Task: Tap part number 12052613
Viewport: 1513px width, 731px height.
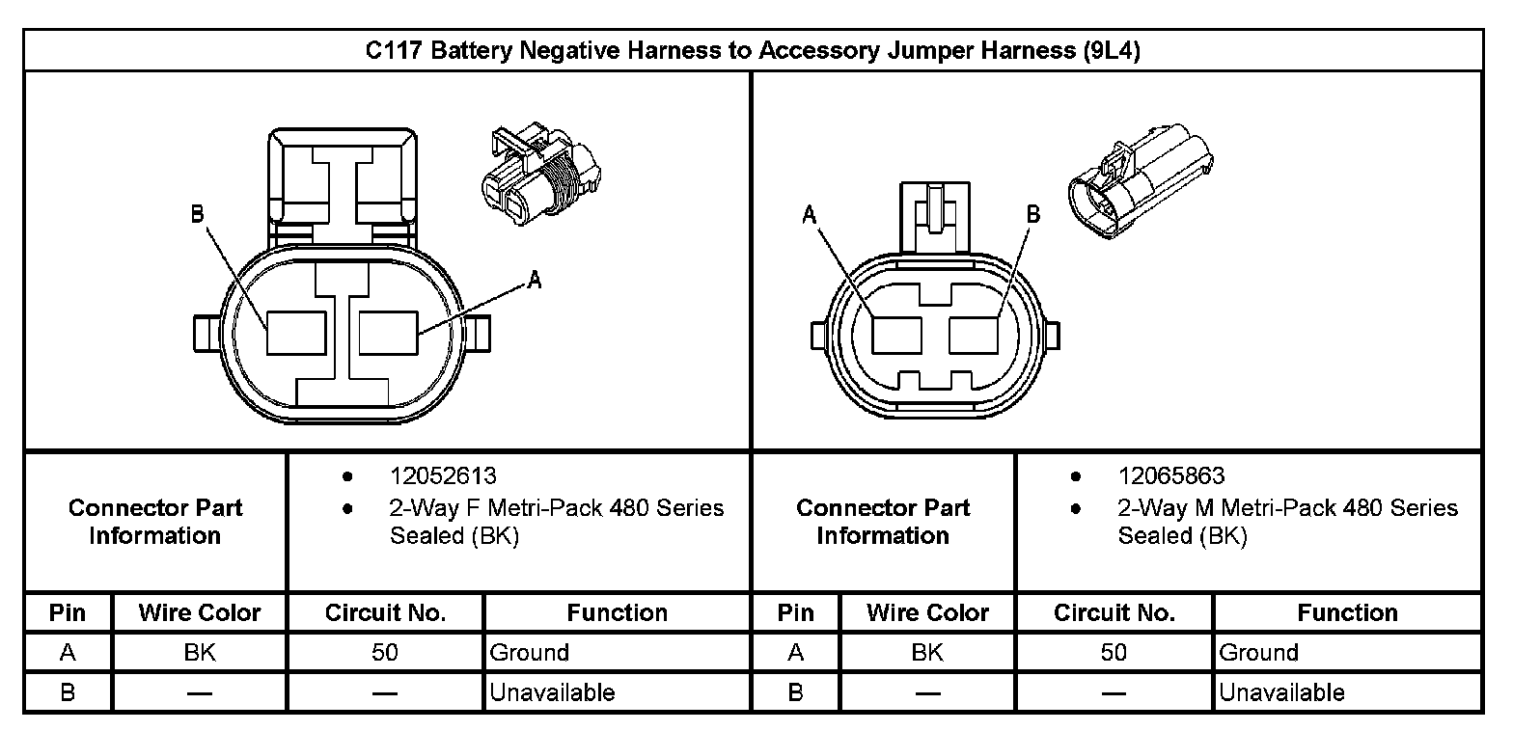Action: click(443, 476)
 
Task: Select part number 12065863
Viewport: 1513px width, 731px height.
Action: click(1170, 476)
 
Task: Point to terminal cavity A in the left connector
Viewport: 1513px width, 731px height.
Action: click(388, 332)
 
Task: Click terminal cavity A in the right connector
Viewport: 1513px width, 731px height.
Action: click(897, 336)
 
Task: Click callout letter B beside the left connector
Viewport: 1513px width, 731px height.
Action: click(197, 214)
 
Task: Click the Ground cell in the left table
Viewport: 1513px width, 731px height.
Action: click(530, 653)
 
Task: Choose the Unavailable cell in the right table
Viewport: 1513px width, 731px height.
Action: click(1281, 691)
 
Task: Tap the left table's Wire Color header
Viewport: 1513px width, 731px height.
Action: click(200, 613)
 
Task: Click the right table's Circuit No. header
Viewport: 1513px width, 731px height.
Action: click(1114, 613)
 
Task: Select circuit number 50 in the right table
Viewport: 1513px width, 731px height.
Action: click(1114, 653)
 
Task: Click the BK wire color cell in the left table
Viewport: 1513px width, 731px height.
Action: click(200, 653)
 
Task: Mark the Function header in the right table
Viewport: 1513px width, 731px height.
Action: click(1347, 613)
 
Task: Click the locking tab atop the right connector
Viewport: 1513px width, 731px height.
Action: click(933, 217)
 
